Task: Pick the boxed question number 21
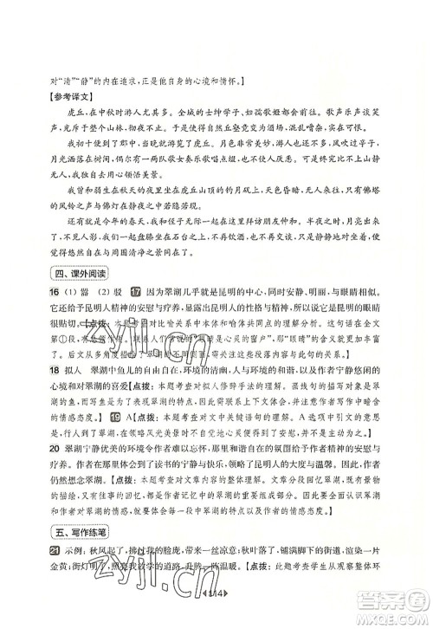[x=52, y=552]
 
